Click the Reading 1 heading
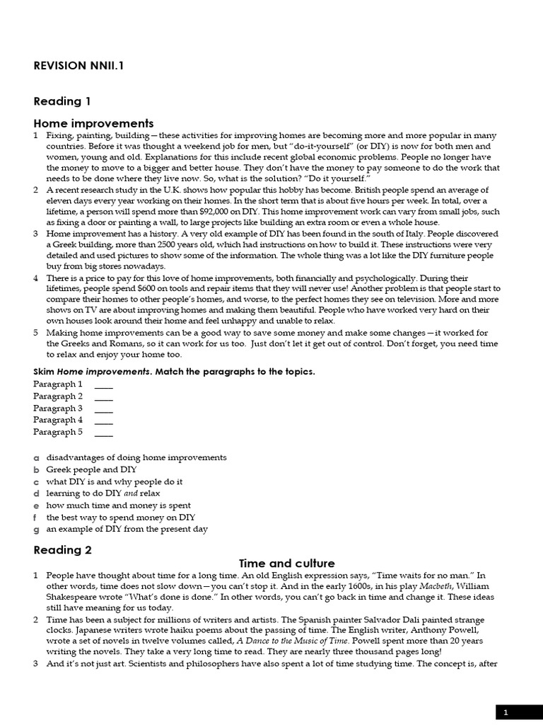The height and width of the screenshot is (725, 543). pos(62,101)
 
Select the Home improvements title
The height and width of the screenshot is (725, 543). pos(93,123)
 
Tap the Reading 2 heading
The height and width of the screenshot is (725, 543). pos(63,549)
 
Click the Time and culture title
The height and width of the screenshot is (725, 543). pos(276,564)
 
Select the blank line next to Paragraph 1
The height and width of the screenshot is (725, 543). pos(103,384)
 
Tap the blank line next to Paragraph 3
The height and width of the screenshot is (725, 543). pos(103,409)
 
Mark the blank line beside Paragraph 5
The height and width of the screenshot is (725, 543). pos(103,433)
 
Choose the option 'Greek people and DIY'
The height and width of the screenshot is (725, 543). pos(91,469)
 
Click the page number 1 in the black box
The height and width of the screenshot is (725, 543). pos(505,713)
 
